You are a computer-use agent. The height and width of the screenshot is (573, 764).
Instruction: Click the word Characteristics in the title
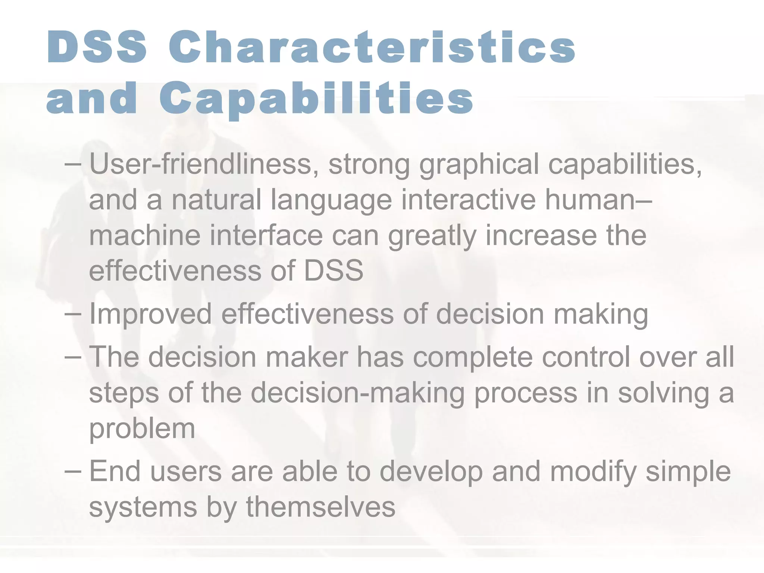pos(372,47)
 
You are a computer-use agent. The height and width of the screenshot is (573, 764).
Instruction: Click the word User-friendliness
pos(200,164)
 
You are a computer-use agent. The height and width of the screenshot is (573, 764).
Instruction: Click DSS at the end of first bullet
pos(334,270)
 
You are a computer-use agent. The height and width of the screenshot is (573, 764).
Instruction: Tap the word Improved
pos(150,314)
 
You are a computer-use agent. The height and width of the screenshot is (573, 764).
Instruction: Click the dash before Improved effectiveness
pos(72,314)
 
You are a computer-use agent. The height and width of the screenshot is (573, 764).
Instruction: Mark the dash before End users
pos(72,471)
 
